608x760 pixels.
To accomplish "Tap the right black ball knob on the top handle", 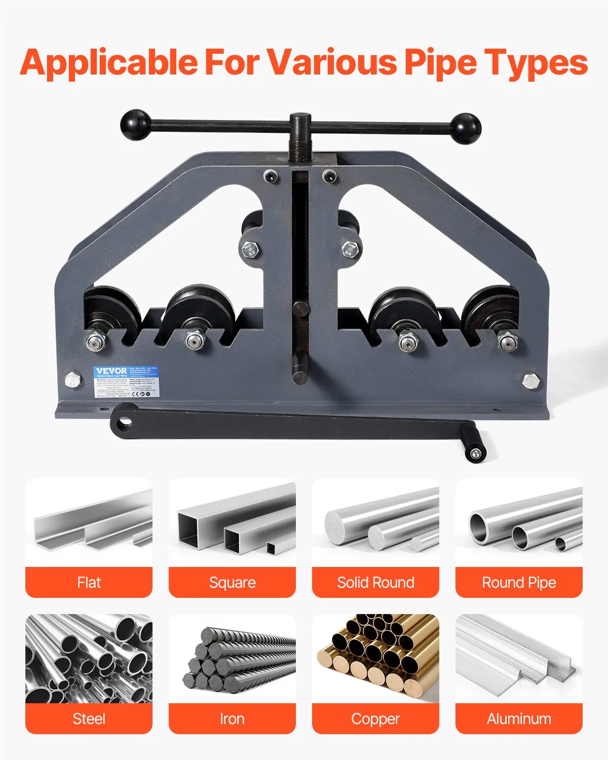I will (x=465, y=128).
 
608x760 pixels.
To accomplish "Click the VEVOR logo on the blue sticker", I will (x=111, y=371).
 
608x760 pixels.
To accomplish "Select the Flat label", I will (x=89, y=583).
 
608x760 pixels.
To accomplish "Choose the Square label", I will (x=232, y=583).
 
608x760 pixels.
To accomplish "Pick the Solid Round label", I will (x=375, y=583).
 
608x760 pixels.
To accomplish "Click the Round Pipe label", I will (x=519, y=583).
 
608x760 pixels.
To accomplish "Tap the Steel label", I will (x=89, y=718).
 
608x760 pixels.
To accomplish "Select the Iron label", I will (x=232, y=718).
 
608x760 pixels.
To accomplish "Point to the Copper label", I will (x=375, y=718).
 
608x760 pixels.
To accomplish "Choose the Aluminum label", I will (x=519, y=718).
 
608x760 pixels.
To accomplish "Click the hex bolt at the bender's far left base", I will (x=72, y=380).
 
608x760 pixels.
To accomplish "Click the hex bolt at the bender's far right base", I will (x=530, y=381).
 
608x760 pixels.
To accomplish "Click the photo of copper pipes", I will (x=375, y=658).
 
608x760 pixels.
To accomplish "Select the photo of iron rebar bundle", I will (x=232, y=658).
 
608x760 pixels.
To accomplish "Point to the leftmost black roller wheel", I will (x=110, y=310).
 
